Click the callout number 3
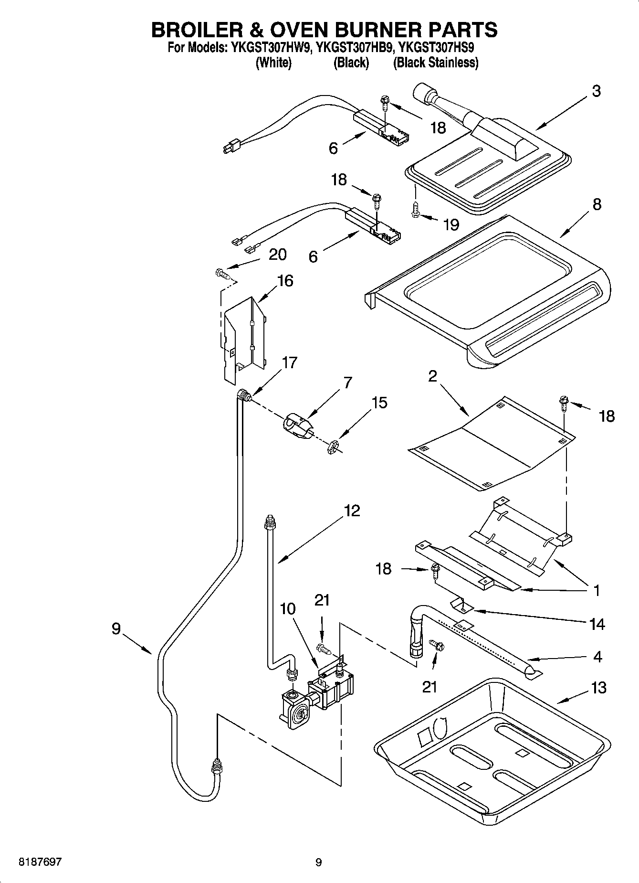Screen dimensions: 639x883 pyautogui.click(x=596, y=91)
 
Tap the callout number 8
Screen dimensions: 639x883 pyautogui.click(x=597, y=204)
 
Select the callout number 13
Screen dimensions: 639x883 pyautogui.click(x=598, y=688)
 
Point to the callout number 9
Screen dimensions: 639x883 pyautogui.click(x=116, y=629)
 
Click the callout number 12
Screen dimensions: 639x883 pyautogui.click(x=352, y=511)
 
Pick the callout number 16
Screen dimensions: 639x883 pyautogui.click(x=285, y=280)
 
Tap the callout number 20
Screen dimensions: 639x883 pyautogui.click(x=277, y=255)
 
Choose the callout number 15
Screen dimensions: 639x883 pyautogui.click(x=379, y=403)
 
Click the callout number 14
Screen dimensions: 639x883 pyautogui.click(x=597, y=624)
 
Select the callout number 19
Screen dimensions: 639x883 pyautogui.click(x=451, y=224)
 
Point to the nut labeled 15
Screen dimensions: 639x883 pyautogui.click(x=333, y=447)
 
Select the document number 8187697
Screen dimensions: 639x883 pyautogui.click(x=40, y=862)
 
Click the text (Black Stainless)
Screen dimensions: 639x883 pyautogui.click(x=436, y=63)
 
